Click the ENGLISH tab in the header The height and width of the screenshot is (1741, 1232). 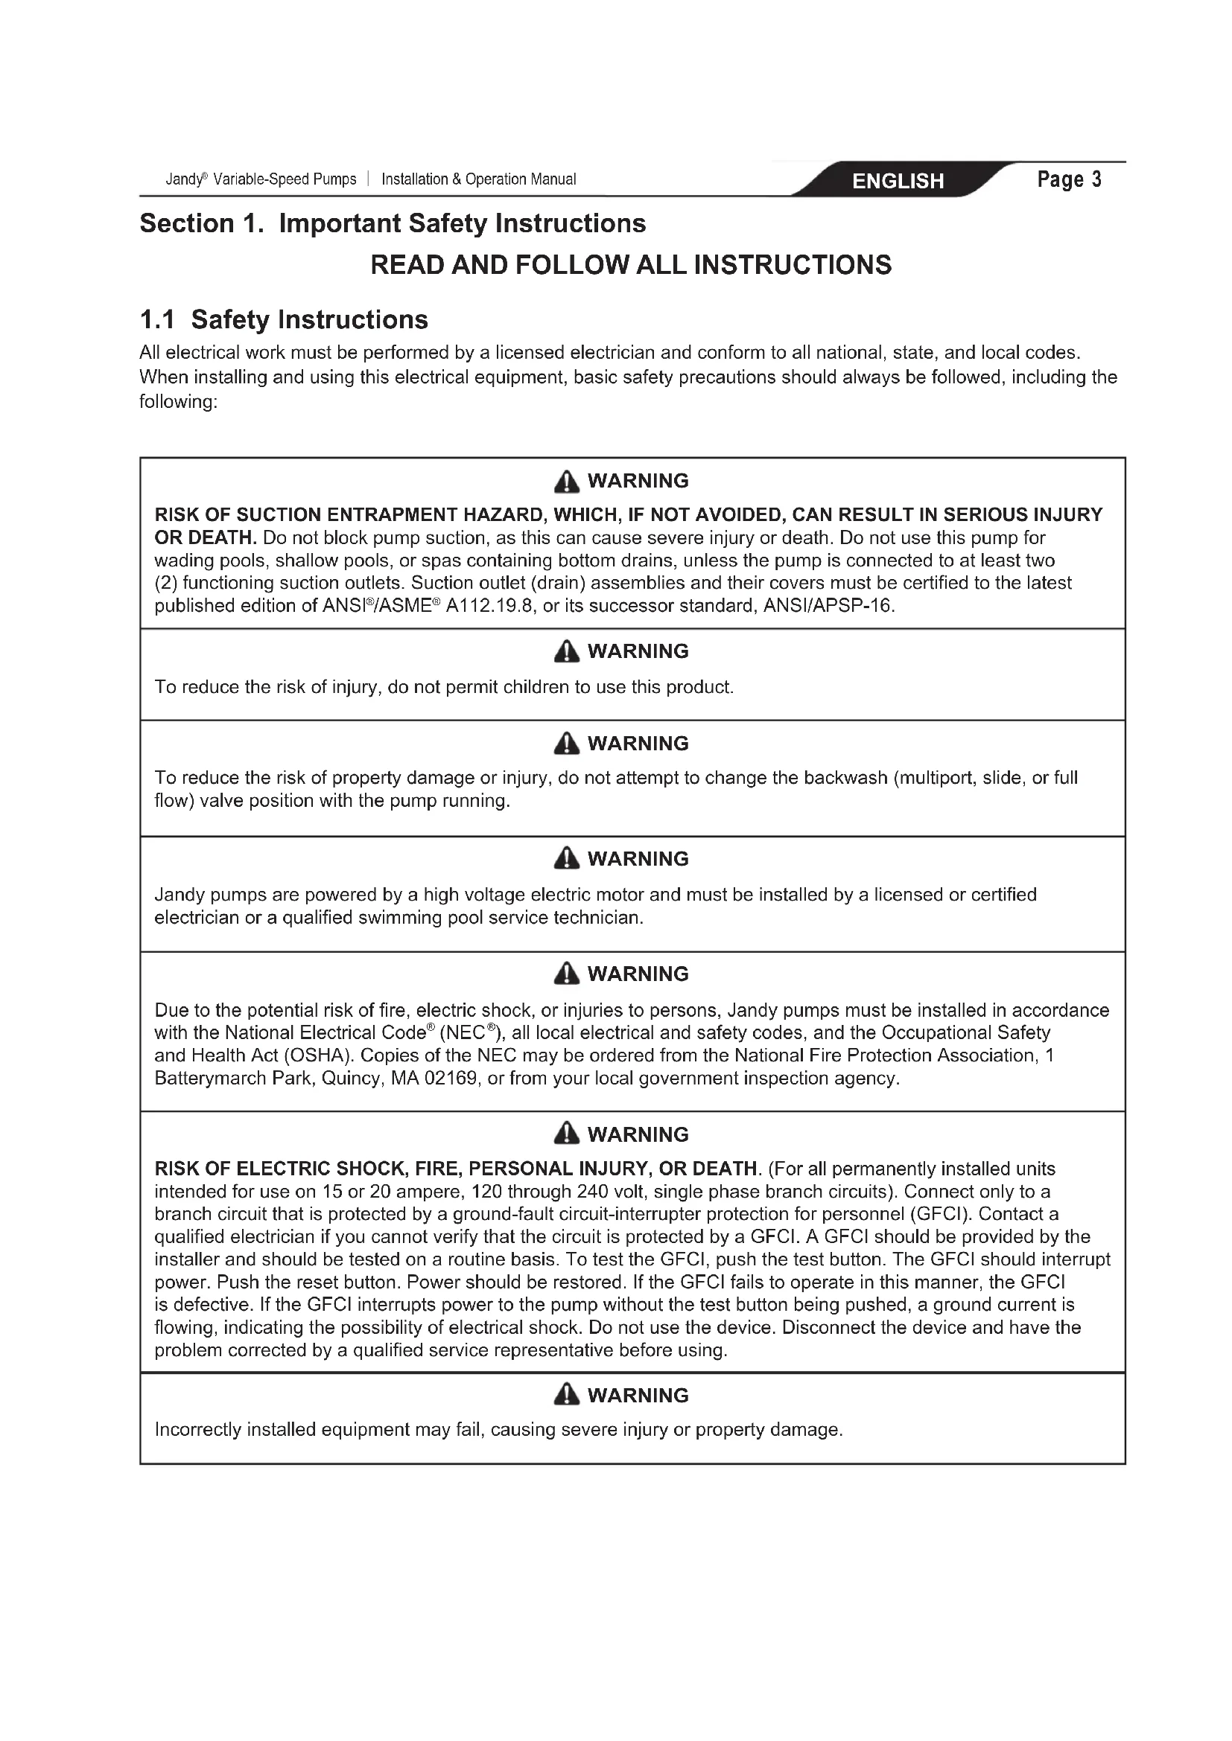pos(898,180)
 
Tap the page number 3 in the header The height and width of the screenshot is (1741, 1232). pos(1096,179)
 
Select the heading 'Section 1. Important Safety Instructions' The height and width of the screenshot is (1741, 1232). pos(393,224)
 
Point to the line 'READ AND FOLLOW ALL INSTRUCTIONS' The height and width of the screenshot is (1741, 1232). pos(630,265)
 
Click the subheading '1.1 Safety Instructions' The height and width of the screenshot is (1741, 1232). pos(284,319)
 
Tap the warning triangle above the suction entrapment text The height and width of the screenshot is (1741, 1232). pos(566,482)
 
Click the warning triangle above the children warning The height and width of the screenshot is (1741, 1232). pos(566,651)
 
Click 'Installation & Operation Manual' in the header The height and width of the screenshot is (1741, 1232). pos(479,179)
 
